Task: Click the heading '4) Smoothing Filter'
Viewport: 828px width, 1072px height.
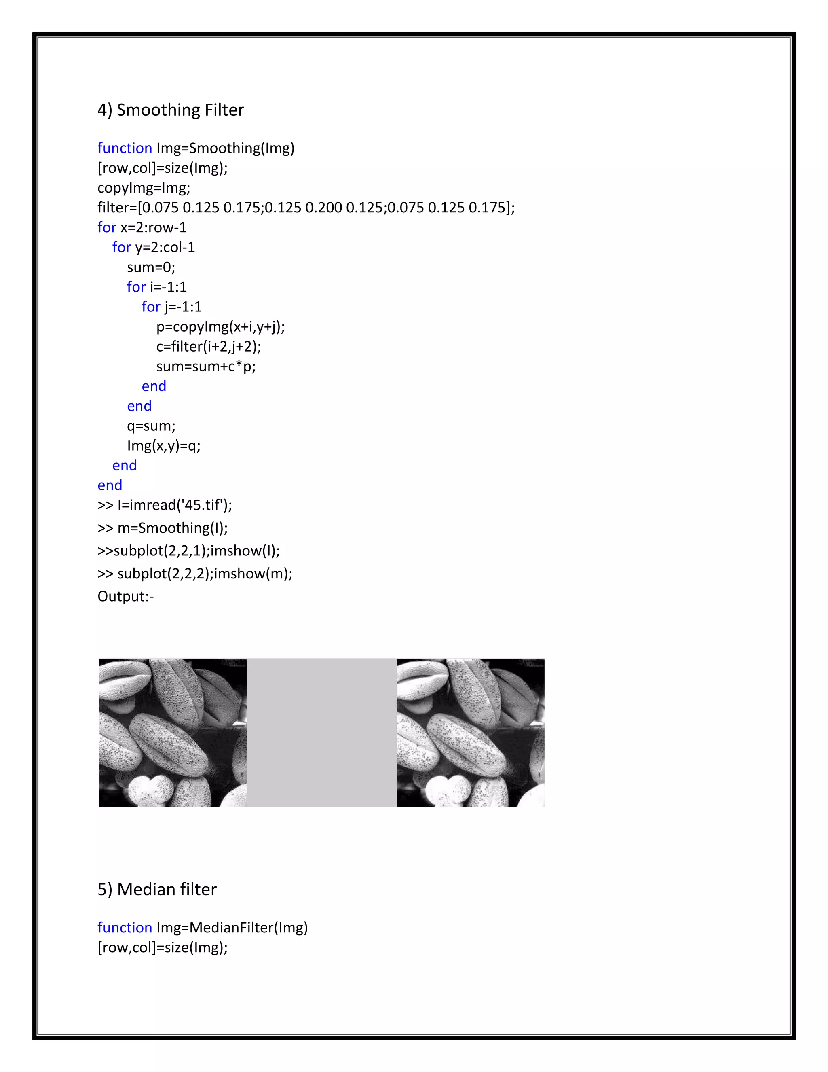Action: tap(170, 110)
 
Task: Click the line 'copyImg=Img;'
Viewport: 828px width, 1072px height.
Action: tap(144, 188)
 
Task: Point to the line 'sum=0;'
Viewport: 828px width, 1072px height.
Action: tap(150, 267)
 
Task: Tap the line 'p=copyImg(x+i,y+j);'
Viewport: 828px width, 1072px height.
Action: tap(220, 326)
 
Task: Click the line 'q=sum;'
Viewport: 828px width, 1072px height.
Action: tap(150, 426)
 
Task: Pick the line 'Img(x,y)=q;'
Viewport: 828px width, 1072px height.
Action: tap(163, 446)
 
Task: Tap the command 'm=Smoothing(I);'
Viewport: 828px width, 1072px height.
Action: tap(173, 528)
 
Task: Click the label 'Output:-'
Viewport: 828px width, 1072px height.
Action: tap(126, 596)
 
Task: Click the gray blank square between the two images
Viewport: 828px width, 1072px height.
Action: tap(321, 732)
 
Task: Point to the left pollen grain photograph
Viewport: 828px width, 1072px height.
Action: tap(173, 732)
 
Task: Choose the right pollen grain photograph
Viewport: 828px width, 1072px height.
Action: tap(471, 732)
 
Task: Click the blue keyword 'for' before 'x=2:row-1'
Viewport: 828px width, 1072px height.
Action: tap(106, 227)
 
